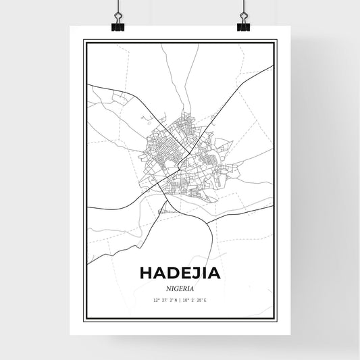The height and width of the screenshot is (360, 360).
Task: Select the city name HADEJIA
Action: (180, 274)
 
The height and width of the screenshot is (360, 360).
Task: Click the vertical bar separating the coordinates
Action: (181, 299)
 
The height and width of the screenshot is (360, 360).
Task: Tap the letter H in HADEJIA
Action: (147, 274)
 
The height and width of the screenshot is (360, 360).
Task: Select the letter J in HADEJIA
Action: (196, 274)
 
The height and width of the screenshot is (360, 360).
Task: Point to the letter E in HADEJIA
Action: (185, 274)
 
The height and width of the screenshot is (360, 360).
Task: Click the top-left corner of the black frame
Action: (84, 41)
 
